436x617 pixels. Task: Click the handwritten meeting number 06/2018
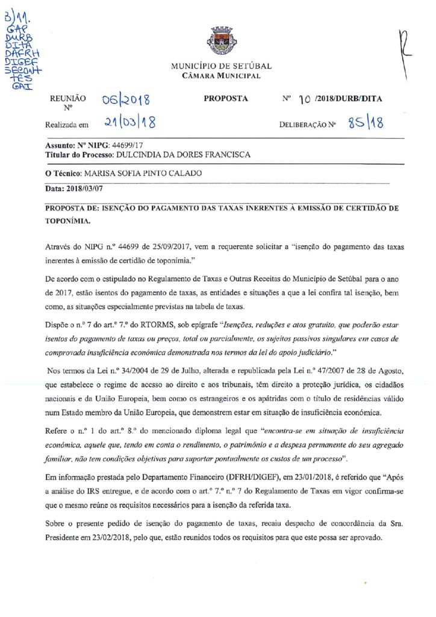(125, 99)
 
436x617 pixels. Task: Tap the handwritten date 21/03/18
(129, 124)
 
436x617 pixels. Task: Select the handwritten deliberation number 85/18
(366, 124)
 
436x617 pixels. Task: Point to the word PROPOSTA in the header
(226, 99)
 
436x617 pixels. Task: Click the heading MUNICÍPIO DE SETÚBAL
(221, 66)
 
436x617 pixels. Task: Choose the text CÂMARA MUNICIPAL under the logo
(221, 76)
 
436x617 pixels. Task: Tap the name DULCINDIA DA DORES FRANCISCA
(183, 155)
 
